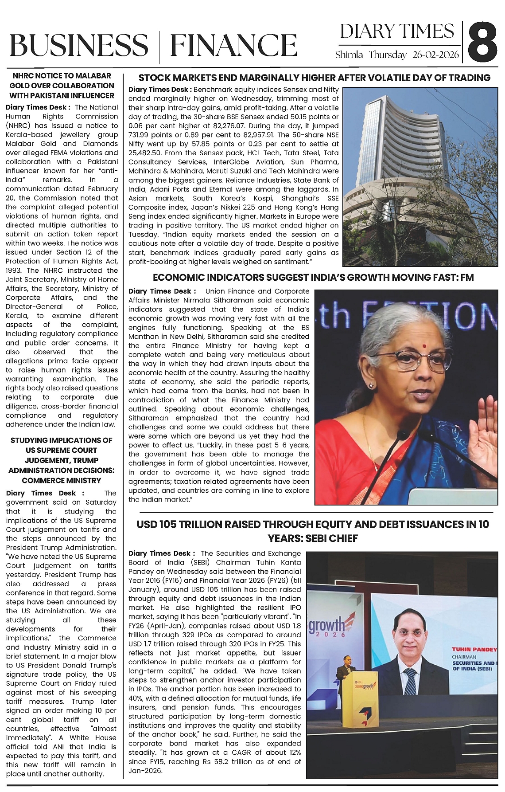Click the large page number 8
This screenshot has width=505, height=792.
(483, 43)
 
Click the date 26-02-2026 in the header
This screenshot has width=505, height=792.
(435, 55)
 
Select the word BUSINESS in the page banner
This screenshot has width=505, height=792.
(79, 46)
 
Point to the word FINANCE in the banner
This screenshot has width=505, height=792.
(233, 46)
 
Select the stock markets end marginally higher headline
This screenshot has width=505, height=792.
(314, 78)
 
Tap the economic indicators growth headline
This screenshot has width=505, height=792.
(313, 278)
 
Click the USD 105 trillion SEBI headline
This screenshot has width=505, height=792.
(313, 531)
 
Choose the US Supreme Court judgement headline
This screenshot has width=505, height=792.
(62, 460)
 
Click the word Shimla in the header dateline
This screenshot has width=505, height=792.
(349, 55)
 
